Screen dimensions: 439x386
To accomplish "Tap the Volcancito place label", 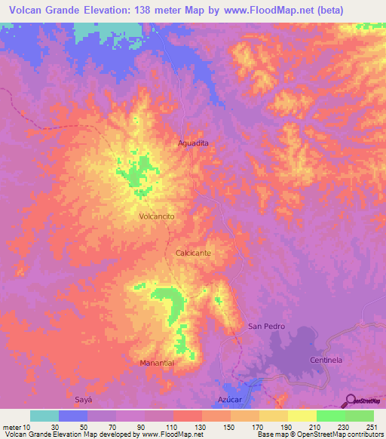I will point(158,216).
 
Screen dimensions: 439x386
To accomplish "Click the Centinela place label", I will point(326,361).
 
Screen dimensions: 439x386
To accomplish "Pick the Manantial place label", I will point(158,363).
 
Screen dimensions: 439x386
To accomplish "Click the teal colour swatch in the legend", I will point(44,416).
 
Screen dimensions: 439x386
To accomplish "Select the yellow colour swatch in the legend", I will point(302,416).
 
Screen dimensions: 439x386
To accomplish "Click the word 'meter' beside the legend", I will point(11,425).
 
